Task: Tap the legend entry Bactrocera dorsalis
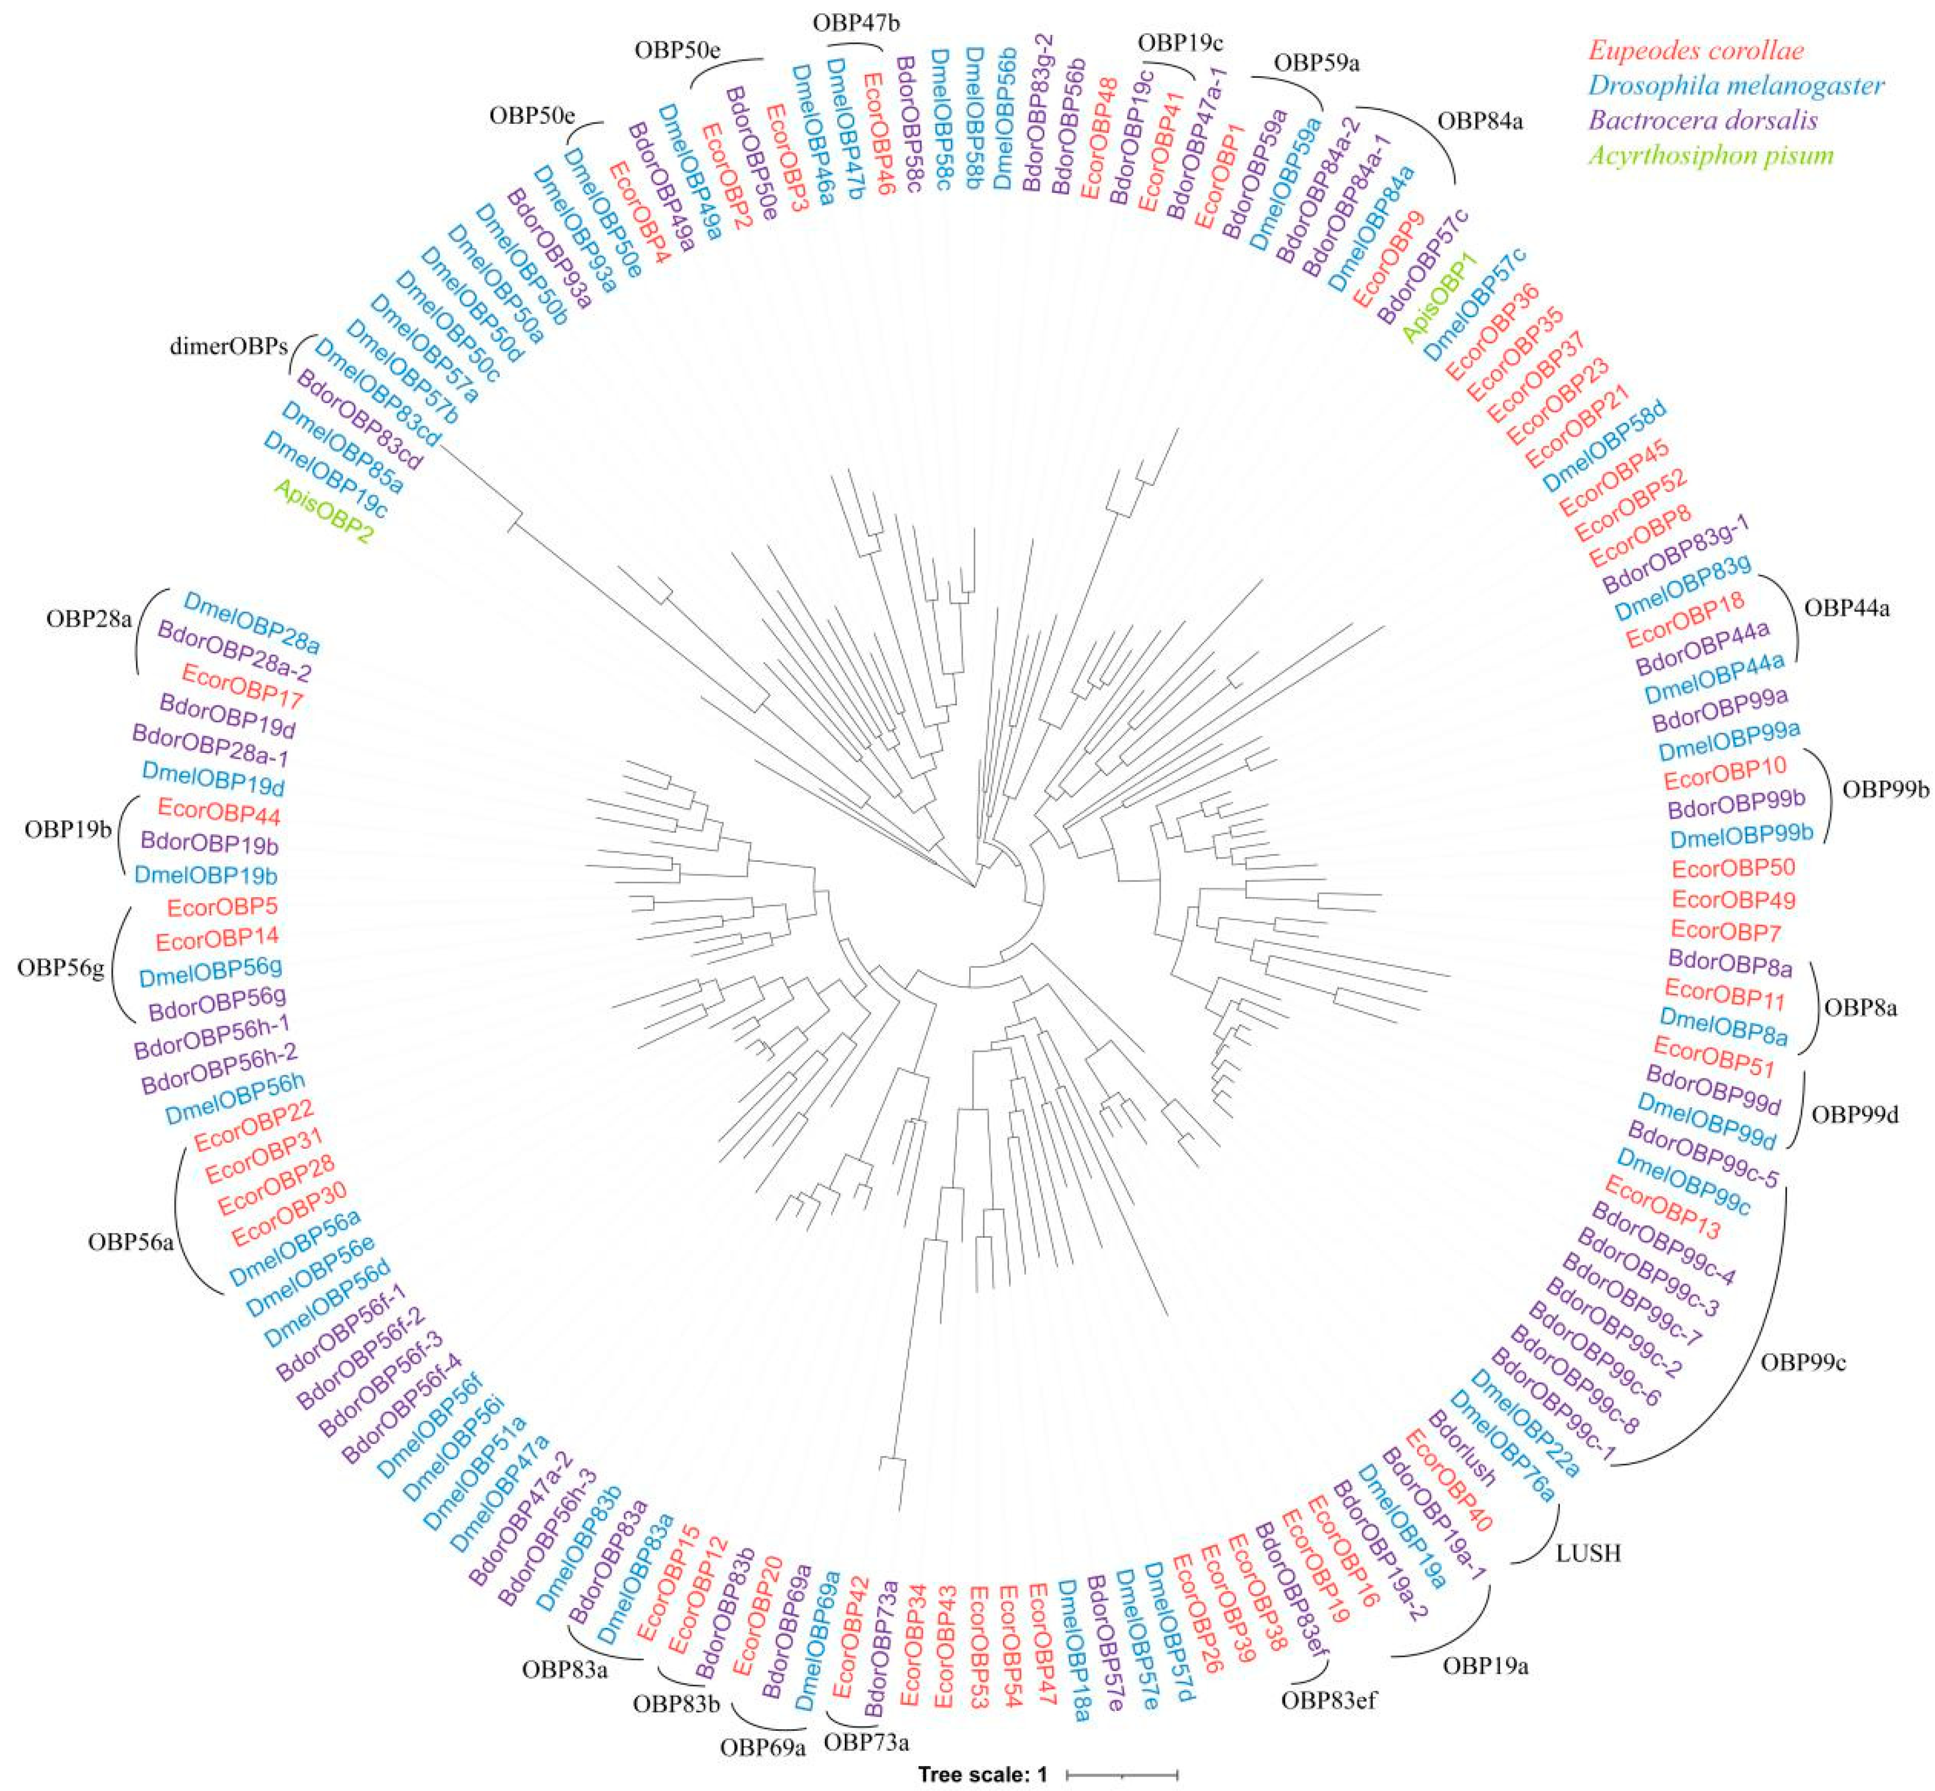coord(1702,120)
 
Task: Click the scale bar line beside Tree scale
coord(1121,1774)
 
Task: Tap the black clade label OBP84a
coord(1480,121)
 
